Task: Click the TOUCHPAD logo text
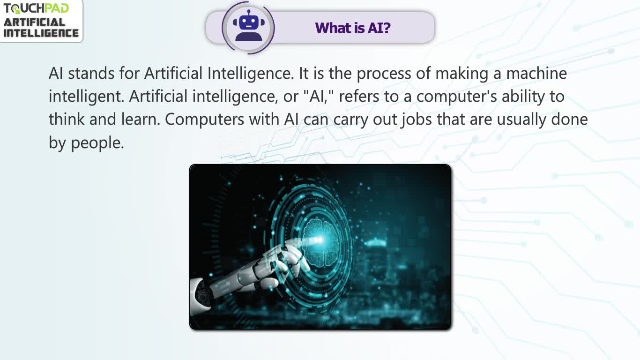[x=36, y=8]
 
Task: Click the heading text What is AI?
[x=353, y=28]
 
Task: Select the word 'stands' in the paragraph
[x=91, y=73]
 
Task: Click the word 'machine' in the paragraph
[x=536, y=73]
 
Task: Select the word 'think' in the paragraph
[x=66, y=119]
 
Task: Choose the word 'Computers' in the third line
[x=204, y=120]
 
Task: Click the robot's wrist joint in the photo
[x=203, y=294]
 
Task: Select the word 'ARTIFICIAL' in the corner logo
[x=34, y=22]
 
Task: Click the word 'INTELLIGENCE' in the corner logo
[x=41, y=33]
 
